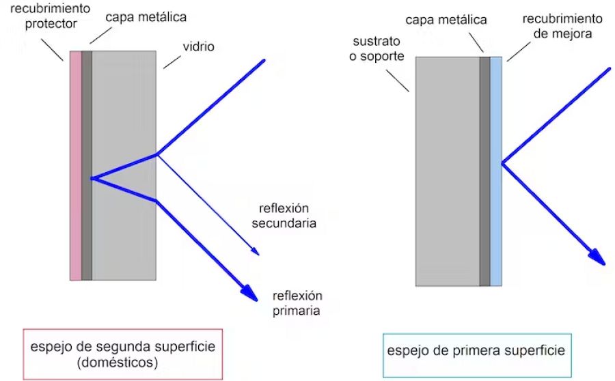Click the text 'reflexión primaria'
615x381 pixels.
tap(297, 303)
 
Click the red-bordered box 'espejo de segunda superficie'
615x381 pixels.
tap(123, 354)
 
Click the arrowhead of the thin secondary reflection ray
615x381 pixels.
tap(256, 251)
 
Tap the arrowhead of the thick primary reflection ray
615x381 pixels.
tap(250, 294)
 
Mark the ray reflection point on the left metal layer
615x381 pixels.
tap(92, 179)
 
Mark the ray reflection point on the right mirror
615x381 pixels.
tap(502, 163)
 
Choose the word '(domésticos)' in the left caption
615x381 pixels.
tap(123, 363)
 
